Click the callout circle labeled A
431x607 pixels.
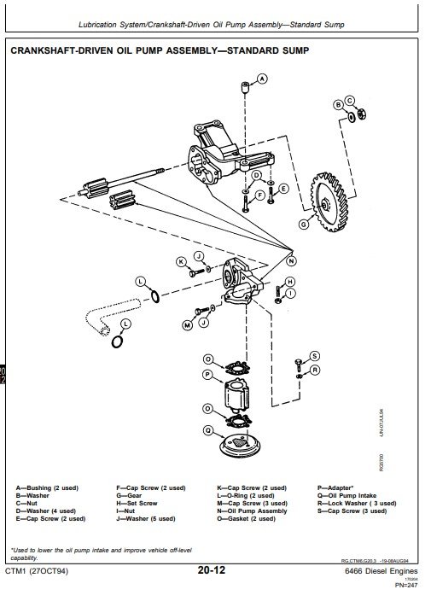pos(262,79)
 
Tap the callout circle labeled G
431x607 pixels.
pos(302,225)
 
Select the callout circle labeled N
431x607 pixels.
pos(291,260)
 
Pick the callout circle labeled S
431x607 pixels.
pos(313,355)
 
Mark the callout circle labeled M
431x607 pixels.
pos(186,325)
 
